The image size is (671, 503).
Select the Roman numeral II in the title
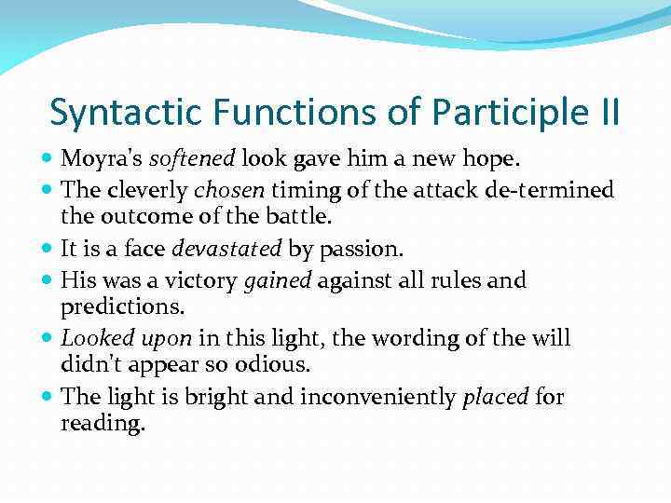point(605,113)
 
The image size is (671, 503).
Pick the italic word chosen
point(229,191)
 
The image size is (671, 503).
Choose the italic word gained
point(277,280)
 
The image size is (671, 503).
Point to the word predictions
point(121,306)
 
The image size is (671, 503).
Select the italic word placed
point(496,398)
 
